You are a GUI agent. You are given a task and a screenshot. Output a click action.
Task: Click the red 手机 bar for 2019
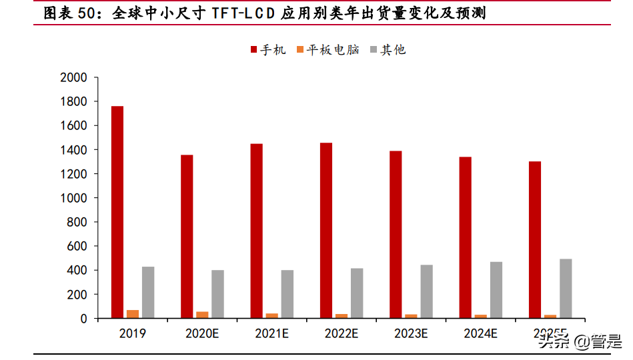coord(117,212)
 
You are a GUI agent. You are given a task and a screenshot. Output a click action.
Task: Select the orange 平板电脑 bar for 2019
coord(133,314)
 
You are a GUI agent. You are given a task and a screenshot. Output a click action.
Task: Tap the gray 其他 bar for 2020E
coord(217,294)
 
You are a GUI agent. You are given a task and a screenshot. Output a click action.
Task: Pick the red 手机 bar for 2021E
coord(256,231)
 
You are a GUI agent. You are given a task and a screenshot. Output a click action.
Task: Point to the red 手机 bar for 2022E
coord(326,230)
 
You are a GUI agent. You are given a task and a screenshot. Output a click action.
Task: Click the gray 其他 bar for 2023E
coord(426,291)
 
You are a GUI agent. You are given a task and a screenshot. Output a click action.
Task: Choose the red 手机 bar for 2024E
coord(465,237)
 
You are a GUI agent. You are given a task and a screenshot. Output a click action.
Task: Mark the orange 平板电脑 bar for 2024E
coord(481,316)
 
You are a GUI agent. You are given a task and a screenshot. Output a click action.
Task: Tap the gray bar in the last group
coord(566,288)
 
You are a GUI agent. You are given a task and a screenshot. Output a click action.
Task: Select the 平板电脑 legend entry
coord(328,49)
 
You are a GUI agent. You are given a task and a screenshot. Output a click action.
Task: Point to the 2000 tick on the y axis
coord(73,77)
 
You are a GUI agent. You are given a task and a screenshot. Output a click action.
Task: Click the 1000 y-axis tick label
coord(73,198)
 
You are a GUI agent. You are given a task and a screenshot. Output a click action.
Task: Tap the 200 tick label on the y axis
coord(77,294)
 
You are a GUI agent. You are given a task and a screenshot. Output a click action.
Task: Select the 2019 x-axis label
coord(133,333)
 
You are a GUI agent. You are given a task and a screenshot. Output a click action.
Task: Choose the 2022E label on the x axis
coord(342,333)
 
